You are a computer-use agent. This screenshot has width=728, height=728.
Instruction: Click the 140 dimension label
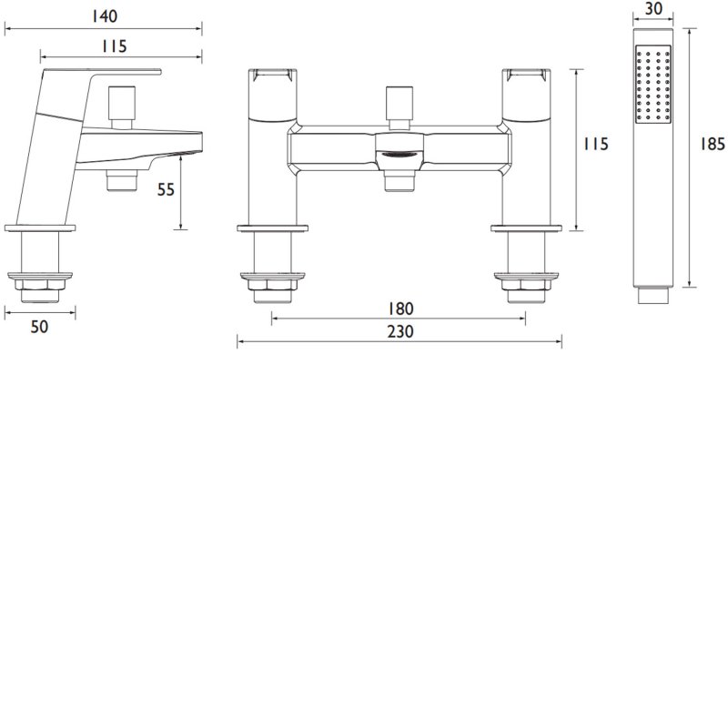[x=104, y=16]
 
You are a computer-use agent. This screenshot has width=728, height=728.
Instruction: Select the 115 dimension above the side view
[x=114, y=46]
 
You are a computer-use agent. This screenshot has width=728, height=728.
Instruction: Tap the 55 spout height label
[x=166, y=189]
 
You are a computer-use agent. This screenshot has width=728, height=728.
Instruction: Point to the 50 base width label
[x=39, y=327]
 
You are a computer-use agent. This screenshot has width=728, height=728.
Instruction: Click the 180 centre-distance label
[x=399, y=308]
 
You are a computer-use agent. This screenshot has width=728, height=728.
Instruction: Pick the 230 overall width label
[x=399, y=331]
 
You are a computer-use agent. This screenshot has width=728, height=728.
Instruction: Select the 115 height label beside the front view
[x=596, y=144]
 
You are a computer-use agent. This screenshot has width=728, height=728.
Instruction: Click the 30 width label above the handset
[x=653, y=9]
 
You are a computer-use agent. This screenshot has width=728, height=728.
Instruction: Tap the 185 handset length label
[x=713, y=145]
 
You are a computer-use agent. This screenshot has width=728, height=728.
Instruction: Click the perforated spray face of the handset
[x=653, y=84]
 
